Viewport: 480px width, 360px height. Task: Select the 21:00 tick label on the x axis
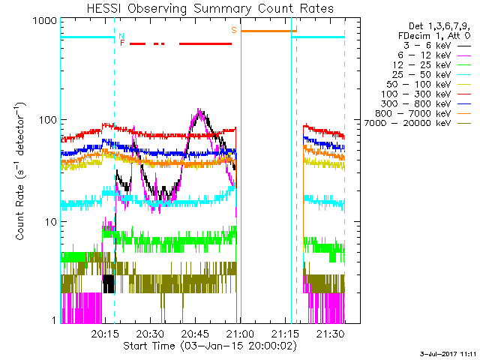[x=240, y=334]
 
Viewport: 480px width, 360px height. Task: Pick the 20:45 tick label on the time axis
[x=195, y=334]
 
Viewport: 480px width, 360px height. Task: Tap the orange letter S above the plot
[x=234, y=30]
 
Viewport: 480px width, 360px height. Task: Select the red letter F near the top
[x=122, y=43]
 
